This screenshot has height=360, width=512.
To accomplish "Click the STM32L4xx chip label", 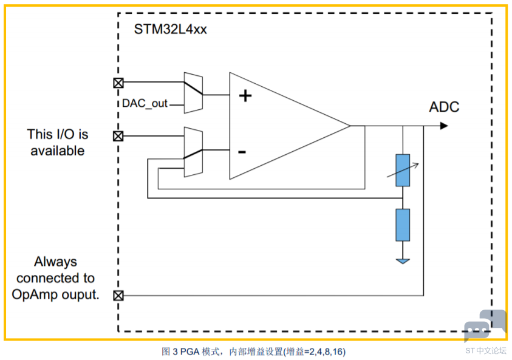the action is (x=170, y=29).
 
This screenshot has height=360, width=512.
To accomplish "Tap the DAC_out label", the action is (x=145, y=103).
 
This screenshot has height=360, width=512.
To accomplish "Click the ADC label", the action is (x=444, y=107).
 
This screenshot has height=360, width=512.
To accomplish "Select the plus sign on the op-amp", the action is (x=245, y=96).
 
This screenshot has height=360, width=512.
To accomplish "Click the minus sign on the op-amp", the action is (x=242, y=152).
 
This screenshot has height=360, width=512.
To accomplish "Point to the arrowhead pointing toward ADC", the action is (x=444, y=126).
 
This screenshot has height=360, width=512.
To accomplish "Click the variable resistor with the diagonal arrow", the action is (x=403, y=170).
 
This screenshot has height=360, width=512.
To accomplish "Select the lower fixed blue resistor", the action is (x=403, y=225).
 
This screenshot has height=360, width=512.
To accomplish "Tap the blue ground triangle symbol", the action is (x=403, y=261).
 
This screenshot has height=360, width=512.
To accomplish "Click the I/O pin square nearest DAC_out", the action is (x=118, y=83).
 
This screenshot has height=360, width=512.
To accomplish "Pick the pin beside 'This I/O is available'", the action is (x=118, y=136).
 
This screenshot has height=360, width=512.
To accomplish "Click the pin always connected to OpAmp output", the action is (x=118, y=296).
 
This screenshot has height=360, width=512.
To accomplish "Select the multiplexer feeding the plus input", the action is (x=193, y=93).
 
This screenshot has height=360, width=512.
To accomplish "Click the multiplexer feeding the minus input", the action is (x=193, y=152).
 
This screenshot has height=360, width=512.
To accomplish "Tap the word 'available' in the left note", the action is (x=58, y=151).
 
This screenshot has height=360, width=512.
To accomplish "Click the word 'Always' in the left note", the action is (x=55, y=262).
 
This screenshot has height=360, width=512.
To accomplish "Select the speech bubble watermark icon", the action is (x=485, y=325).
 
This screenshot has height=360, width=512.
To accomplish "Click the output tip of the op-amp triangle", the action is (x=350, y=126).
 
